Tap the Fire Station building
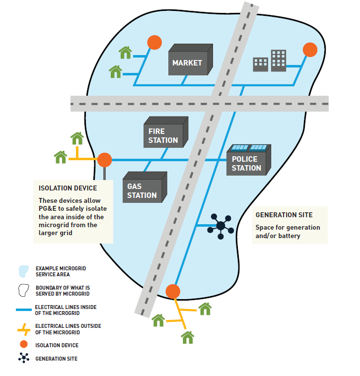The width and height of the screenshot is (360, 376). tap(163, 134)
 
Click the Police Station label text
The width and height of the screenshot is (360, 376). tap(246, 164)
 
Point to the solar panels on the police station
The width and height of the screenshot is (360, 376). tap(250, 147)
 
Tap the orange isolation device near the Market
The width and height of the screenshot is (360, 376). tap(154, 43)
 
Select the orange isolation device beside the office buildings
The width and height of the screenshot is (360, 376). tap(310, 50)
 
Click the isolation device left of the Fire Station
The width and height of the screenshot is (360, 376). tap(104, 160)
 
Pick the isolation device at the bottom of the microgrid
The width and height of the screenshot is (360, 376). tap(172, 291)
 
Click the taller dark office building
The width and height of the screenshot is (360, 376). tap(278, 60)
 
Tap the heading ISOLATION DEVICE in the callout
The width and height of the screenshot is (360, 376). tap(68, 188)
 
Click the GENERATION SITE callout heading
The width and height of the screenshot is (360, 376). tap(284, 215)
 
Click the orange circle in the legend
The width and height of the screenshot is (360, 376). tap(23, 345)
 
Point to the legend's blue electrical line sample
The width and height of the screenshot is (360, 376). tap(23, 310)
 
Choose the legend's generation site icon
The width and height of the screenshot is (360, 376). tap(23, 358)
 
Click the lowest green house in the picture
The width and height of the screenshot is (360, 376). tap(187, 338)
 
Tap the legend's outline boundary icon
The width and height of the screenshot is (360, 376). tap(23, 290)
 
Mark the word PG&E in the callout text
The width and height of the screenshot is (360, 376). tap(49, 208)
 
